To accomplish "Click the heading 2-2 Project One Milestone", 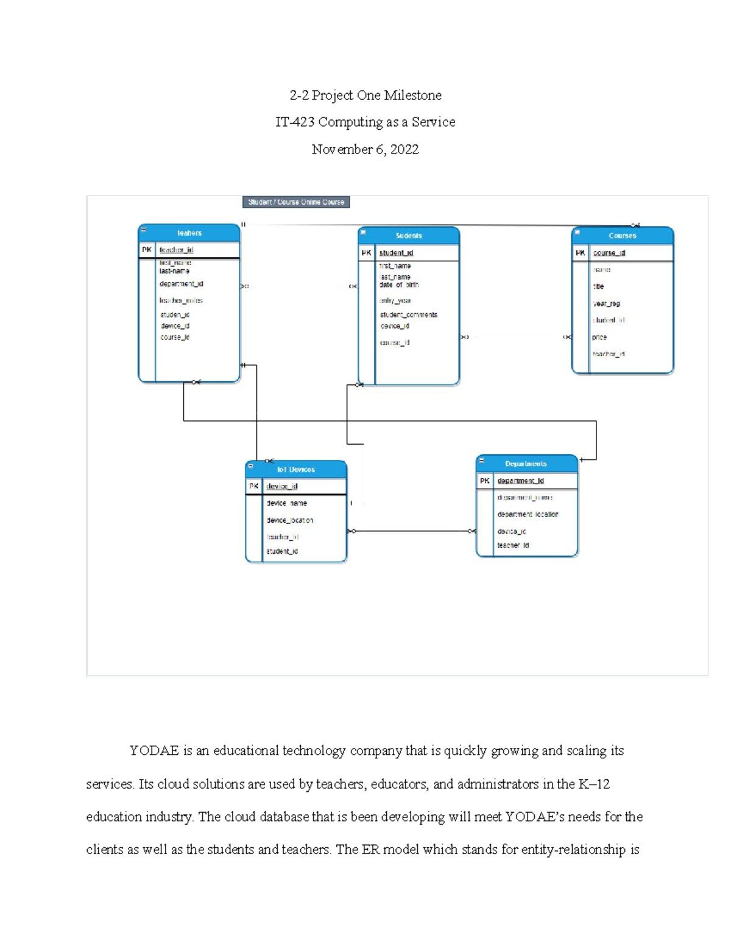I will coord(365,96).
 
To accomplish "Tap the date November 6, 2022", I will coord(365,150).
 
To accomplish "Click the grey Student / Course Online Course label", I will coord(296,202).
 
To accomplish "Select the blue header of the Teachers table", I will coord(189,233).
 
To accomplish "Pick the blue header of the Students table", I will coord(409,236).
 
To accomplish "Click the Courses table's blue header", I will coord(623,236).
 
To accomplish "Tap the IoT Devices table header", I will coord(296,470).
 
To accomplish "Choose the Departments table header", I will coord(526,464).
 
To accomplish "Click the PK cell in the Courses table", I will coord(581,253).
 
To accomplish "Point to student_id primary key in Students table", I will coord(396,253).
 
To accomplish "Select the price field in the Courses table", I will coord(599,337).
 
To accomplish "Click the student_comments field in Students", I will coord(409,315).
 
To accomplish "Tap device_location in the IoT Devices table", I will coord(290,521).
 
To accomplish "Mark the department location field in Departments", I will coord(528,515).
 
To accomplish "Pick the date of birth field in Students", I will coord(399,285).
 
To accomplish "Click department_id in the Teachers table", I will coord(182,284).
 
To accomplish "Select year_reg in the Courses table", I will coord(606,303).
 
